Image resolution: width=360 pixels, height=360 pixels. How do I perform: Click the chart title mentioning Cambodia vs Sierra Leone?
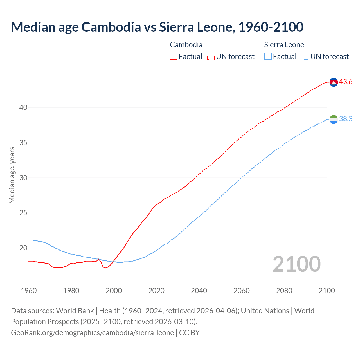pos(157,27)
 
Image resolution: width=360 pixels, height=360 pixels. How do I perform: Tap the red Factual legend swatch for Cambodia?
pos(174,57)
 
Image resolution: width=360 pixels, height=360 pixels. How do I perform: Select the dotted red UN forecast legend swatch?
pos(211,57)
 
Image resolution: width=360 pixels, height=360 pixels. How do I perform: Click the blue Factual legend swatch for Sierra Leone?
pos(268,57)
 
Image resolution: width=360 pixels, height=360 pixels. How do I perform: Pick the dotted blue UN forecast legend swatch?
pos(305,57)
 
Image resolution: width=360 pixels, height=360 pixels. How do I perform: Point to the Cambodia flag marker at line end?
pos(334,82)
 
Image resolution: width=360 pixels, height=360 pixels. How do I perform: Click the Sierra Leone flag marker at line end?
pos(334,119)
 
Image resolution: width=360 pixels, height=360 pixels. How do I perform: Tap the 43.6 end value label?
pos(346,82)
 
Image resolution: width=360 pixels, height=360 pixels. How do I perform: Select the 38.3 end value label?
pos(346,119)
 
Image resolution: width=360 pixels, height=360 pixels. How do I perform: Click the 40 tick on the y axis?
pos(23,108)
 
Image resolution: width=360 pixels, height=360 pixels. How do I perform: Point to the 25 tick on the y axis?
pos(23,213)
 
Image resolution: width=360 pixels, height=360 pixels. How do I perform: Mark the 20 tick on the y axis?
pos(23,248)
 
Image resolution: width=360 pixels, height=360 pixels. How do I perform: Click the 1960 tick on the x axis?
pos(29,291)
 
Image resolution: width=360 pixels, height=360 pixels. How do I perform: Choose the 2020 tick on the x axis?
pos(156,291)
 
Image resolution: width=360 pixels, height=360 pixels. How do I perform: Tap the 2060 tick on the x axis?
pos(242,291)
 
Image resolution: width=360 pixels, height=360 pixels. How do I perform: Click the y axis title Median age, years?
pos(12,175)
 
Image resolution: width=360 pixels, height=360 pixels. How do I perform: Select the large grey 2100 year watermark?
pos(296,264)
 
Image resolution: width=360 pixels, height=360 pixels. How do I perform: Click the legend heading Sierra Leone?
pos(284,45)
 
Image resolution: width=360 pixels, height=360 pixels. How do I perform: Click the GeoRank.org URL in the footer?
pos(92,333)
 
